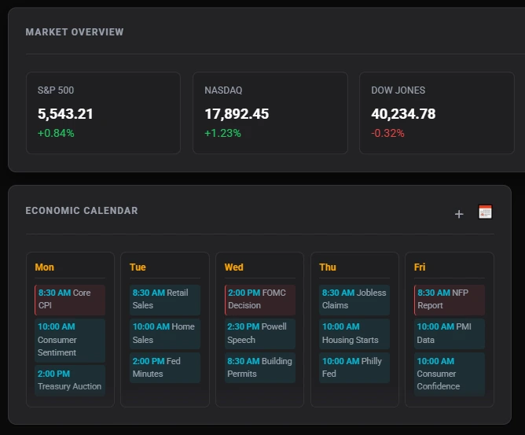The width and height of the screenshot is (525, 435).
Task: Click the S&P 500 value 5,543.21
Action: tap(65, 114)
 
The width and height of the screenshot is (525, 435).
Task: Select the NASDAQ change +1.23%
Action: tap(222, 133)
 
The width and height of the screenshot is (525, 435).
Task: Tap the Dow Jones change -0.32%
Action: tap(387, 133)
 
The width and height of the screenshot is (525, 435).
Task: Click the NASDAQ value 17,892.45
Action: tap(237, 114)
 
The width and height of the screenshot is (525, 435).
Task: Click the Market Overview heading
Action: tap(74, 32)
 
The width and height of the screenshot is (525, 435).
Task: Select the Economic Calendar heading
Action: tap(81, 211)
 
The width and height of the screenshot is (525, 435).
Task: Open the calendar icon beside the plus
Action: tap(485, 212)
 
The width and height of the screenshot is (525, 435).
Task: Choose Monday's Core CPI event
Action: tap(70, 299)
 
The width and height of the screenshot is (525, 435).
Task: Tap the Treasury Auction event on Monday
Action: tap(70, 380)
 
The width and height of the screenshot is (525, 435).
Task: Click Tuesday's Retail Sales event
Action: tap(165, 299)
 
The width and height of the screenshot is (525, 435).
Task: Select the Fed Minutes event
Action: tap(165, 367)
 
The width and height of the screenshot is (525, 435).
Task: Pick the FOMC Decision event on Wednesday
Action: tap(260, 299)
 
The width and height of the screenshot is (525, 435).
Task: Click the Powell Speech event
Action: tap(260, 334)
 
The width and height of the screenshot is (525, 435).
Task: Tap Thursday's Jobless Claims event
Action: tap(354, 299)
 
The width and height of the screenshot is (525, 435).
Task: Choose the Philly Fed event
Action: tap(354, 367)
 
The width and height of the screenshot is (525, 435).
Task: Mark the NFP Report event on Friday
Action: tap(450, 299)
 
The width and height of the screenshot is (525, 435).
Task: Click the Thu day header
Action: tap(328, 267)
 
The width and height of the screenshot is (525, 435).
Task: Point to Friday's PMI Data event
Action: tap(450, 334)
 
